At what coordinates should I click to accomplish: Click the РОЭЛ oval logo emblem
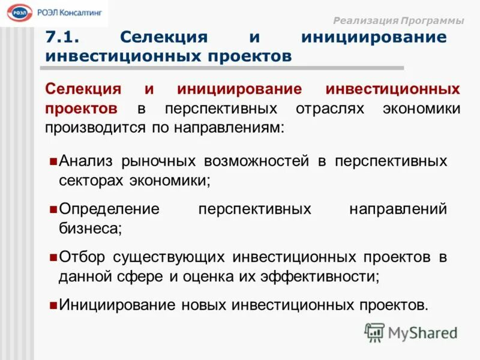[x=21, y=13]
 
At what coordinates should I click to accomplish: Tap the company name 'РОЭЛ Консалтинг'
[x=70, y=12]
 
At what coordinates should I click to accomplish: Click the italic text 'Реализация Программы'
[x=398, y=20]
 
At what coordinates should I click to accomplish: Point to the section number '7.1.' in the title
[x=64, y=37]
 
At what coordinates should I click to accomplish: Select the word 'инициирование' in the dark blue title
[x=374, y=37]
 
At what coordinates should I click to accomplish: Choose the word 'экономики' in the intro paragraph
[x=421, y=109]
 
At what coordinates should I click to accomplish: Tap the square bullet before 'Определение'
[x=53, y=209]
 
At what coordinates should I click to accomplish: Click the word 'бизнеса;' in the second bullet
[x=90, y=228]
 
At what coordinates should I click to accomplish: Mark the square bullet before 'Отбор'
[x=53, y=257]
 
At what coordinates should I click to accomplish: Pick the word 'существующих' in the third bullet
[x=168, y=257]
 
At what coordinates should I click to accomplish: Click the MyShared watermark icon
[x=375, y=332]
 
